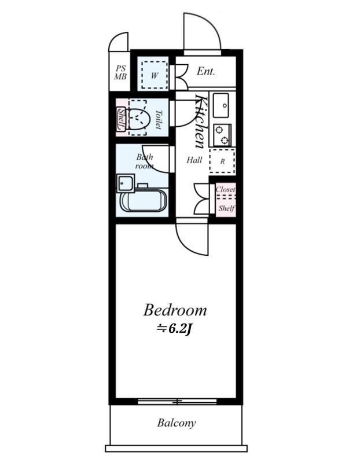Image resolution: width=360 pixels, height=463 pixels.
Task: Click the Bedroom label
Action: tap(175, 310)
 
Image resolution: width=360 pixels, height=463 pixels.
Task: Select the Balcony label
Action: tap(177, 423)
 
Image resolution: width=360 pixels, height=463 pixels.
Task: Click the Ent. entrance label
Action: tap(206, 71)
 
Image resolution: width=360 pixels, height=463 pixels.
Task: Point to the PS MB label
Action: tap(120, 73)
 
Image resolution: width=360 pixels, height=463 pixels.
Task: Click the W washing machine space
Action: tap(154, 75)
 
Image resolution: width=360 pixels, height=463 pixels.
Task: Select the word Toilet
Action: tap(159, 119)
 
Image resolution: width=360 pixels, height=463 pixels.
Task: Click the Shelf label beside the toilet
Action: tap(122, 119)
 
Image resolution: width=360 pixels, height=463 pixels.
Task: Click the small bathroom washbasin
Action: tap(126, 183)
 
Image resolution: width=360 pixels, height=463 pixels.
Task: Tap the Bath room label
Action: tap(145, 161)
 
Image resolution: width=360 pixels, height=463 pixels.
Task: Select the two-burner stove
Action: tap(222, 135)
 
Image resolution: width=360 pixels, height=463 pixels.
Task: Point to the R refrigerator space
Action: tap(222, 161)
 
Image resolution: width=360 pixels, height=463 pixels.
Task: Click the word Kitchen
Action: tap(200, 121)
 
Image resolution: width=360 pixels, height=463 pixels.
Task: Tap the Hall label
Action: tap(194, 160)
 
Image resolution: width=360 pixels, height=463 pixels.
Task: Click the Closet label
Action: tap(226, 189)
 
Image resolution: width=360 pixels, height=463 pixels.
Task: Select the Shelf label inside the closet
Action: tap(226, 208)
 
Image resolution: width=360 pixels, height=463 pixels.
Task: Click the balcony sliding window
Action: tap(177, 402)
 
